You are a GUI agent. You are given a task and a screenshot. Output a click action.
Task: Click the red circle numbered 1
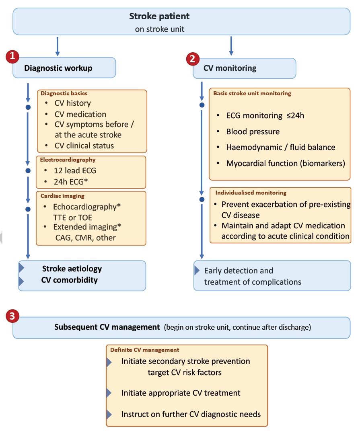coord(12,56)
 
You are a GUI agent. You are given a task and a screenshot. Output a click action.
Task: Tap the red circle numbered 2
coord(193,59)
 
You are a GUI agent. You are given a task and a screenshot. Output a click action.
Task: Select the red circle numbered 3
coord(12,316)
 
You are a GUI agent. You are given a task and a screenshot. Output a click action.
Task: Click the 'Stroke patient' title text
coord(159,16)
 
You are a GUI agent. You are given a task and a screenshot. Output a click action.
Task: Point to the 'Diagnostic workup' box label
coord(58,68)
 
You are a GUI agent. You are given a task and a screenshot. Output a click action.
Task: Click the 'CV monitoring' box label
coord(230,68)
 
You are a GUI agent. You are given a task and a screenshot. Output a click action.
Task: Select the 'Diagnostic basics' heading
coord(64,93)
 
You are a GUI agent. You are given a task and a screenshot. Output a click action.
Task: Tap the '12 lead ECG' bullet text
coord(75,170)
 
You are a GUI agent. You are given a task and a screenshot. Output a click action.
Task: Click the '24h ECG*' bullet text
coord(71,182)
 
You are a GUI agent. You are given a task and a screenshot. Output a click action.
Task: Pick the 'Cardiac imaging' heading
coord(62,196)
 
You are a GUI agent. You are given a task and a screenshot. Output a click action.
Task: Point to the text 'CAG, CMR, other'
coord(86,238)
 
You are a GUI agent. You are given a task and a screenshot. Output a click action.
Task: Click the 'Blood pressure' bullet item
coord(253,132)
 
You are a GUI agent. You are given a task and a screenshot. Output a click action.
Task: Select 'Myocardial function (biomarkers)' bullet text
coord(286,164)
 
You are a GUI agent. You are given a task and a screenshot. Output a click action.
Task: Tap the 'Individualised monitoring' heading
coord(251,193)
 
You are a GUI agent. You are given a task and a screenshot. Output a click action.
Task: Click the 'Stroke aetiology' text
coord(72,269)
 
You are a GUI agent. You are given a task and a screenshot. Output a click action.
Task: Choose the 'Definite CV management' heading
coord(144,350)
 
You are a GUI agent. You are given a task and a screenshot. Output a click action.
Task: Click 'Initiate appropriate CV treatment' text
coord(181,393)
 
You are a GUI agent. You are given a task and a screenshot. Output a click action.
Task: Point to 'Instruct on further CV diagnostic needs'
coord(191,414)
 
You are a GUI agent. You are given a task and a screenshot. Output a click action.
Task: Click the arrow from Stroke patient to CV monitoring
coord(231,46)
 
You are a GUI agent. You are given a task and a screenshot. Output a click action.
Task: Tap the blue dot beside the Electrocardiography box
coord(28,170)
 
